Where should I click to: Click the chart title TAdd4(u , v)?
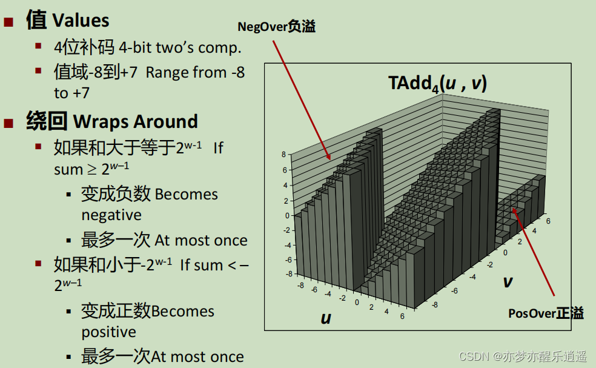[x=437, y=83]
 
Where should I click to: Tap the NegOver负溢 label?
[x=276, y=27]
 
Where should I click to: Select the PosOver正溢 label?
[x=546, y=313]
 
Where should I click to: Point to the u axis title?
[x=326, y=318]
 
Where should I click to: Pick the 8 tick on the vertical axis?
[x=283, y=155]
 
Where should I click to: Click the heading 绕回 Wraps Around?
[x=111, y=121]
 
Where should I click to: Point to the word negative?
[x=111, y=215]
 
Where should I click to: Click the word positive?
[x=109, y=332]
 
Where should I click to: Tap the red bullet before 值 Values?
[x=8, y=22]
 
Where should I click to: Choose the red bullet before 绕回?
[x=8, y=123]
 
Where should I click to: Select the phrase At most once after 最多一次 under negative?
[x=201, y=240]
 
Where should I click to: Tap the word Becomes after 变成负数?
[x=186, y=195]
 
